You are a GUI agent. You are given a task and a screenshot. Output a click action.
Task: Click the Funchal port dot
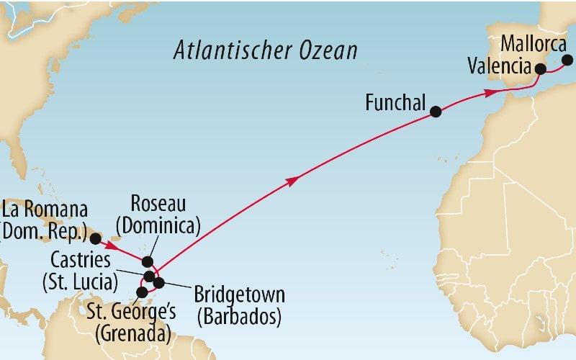(435, 112)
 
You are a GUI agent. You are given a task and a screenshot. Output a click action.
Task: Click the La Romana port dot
(94, 238)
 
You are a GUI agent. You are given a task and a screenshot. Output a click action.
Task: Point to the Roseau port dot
(148, 261)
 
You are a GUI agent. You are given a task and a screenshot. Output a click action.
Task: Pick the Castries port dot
(149, 276)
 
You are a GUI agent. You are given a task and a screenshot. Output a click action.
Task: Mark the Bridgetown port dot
(159, 282)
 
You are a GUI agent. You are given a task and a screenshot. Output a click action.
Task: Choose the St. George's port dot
(143, 293)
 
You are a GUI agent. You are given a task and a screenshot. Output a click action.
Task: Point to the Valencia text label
(498, 67)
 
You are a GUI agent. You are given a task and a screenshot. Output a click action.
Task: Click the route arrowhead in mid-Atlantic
(292, 181)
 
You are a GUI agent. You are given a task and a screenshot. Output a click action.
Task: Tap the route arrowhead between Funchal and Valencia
(490, 92)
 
